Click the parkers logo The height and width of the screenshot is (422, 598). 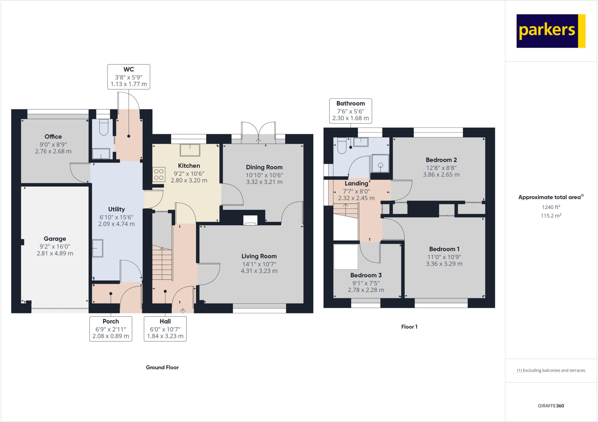click(x=551, y=31)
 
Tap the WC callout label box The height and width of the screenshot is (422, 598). click(x=129, y=77)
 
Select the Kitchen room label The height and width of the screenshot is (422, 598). click(x=189, y=166)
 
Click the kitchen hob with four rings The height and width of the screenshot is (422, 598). click(x=159, y=174)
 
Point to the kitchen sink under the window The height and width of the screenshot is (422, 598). click(x=190, y=150)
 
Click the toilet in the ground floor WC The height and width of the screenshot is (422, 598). click(x=104, y=128)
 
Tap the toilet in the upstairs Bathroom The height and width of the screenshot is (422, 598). click(x=342, y=146)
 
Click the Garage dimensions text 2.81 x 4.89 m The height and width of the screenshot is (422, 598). click(x=55, y=253)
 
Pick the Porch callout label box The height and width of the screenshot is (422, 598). click(x=111, y=329)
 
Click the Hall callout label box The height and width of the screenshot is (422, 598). click(x=165, y=329)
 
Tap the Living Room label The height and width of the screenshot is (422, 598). click(x=259, y=256)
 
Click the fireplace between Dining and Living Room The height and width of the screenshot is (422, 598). click(x=250, y=221)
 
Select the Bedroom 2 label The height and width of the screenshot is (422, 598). click(x=441, y=160)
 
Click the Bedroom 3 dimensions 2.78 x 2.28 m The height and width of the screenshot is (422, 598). click(x=366, y=290)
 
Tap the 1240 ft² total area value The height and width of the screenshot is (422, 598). click(x=551, y=207)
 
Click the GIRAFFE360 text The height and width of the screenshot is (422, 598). click(x=551, y=406)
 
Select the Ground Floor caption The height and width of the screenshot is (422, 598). click(x=162, y=367)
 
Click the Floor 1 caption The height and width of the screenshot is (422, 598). click(x=409, y=327)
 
